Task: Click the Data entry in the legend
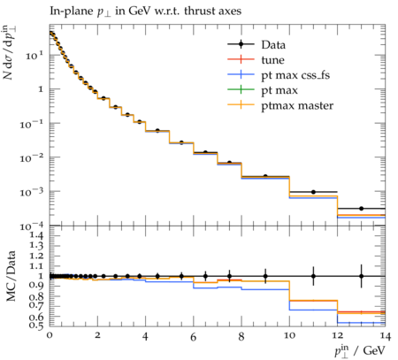256,44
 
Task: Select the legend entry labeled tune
256,60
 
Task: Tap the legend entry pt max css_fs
279,75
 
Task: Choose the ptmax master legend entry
280,105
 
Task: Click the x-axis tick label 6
193,337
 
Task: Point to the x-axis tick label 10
289,335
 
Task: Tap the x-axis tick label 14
386,336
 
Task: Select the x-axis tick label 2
97,335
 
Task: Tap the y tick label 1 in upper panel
42,89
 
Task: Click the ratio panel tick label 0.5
36,326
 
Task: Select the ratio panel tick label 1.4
36,235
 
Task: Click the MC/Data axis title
11,276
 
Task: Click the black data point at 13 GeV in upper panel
361,209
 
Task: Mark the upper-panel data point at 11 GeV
313,192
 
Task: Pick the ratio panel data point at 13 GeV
361,276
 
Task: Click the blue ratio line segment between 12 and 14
361,323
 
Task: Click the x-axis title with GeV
360,351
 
